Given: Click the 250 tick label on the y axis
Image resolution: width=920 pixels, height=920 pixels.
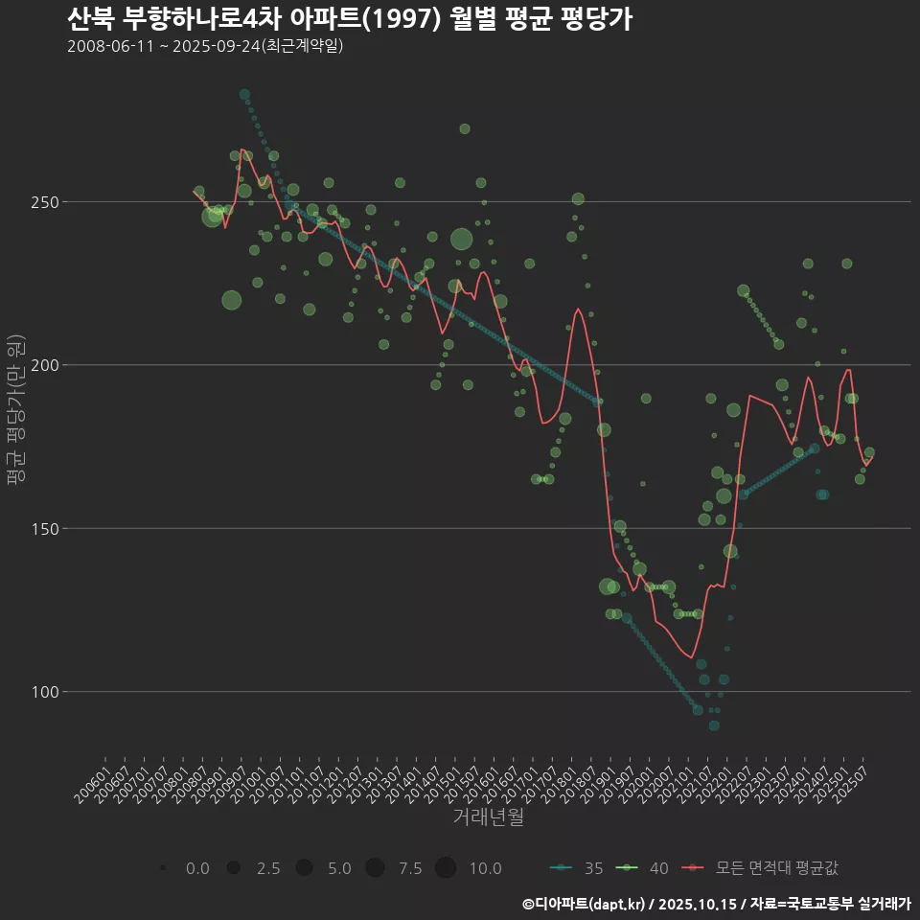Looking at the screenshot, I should click(43, 202).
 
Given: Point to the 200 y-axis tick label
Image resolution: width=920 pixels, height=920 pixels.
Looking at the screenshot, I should click(43, 365).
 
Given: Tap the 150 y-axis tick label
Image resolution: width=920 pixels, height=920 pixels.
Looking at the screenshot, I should click(43, 528).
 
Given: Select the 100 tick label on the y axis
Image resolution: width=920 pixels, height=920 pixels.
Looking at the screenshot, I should click(43, 691).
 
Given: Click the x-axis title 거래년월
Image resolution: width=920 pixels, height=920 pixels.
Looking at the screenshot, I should click(488, 817).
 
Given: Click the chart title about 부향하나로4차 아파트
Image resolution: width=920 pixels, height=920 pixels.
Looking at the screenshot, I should click(350, 19).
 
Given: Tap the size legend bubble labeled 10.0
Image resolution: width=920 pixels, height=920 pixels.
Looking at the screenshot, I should click(446, 868).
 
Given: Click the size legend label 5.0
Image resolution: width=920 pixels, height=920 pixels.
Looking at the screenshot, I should click(339, 868).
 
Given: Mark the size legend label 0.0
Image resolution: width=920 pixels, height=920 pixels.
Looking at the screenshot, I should click(197, 868).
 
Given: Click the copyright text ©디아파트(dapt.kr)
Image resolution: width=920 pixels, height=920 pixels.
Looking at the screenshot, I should click(584, 904).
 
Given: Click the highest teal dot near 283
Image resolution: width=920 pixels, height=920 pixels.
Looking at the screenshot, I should click(245, 95).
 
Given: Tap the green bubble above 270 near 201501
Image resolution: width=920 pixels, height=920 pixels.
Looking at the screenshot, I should click(465, 128).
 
